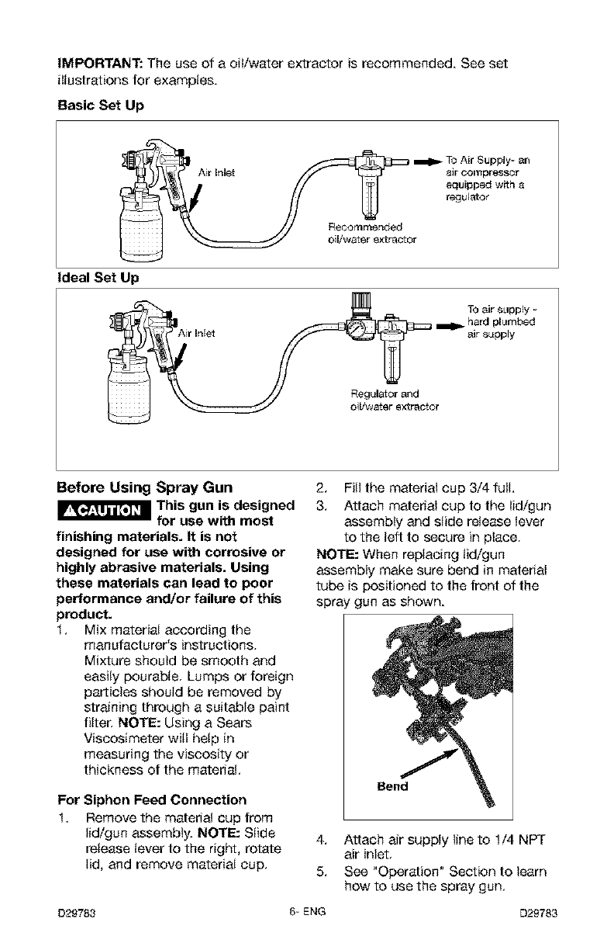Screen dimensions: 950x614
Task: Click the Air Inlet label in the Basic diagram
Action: [x=215, y=172]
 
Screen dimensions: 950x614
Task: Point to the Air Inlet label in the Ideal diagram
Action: [x=201, y=335]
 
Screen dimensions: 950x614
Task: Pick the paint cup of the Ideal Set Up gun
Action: [x=132, y=393]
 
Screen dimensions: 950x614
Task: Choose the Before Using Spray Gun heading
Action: [x=146, y=488]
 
